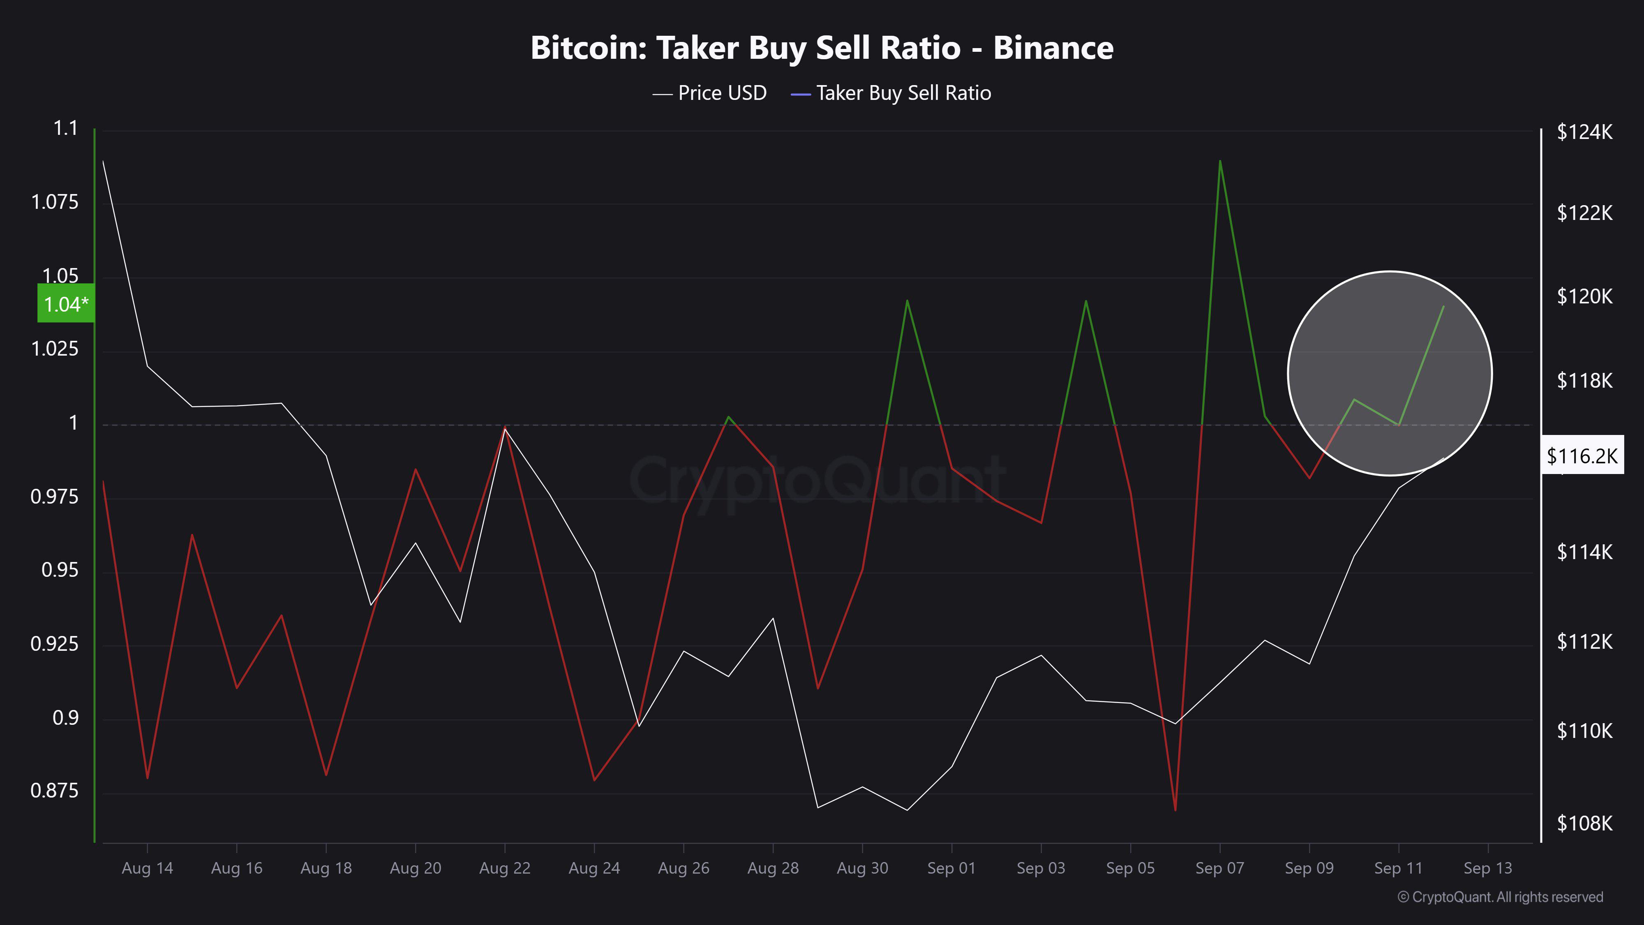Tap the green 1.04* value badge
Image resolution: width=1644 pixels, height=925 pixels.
66,304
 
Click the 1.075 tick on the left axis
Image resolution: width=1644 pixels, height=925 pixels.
55,202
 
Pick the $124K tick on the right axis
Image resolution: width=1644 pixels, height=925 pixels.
1584,132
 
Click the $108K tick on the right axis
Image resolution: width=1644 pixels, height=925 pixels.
1584,823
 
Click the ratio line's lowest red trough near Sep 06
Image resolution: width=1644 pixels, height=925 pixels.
1175,810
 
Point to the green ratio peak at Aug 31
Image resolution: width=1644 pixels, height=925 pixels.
907,301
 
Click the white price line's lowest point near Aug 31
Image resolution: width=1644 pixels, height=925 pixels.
907,810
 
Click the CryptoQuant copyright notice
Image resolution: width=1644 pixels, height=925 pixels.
1500,897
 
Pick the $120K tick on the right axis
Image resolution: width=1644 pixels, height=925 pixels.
1584,296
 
